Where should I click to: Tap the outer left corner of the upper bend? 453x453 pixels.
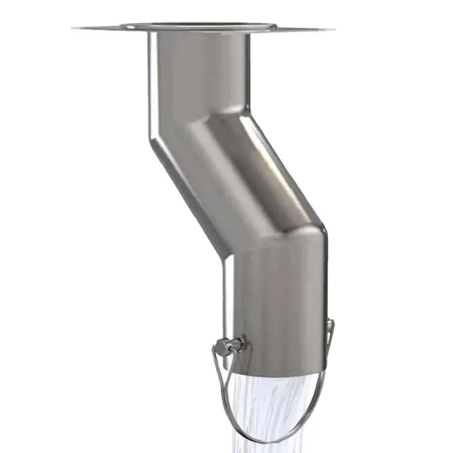[x=150, y=142]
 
